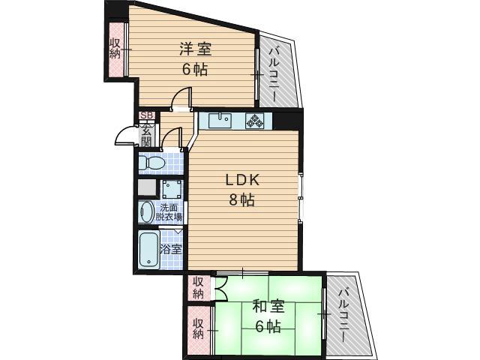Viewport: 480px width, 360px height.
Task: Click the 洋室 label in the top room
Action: [x=195, y=50]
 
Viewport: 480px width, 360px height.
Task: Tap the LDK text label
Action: [x=243, y=180]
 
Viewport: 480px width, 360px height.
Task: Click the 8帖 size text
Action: [x=243, y=200]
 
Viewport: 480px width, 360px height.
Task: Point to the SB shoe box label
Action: [x=147, y=115]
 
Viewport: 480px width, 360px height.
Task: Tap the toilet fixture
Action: [x=154, y=162]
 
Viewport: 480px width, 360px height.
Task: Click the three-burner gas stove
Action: [x=255, y=120]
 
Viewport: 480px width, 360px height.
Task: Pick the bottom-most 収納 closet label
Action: [x=199, y=328]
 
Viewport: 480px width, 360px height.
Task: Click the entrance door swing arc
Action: [x=122, y=136]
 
